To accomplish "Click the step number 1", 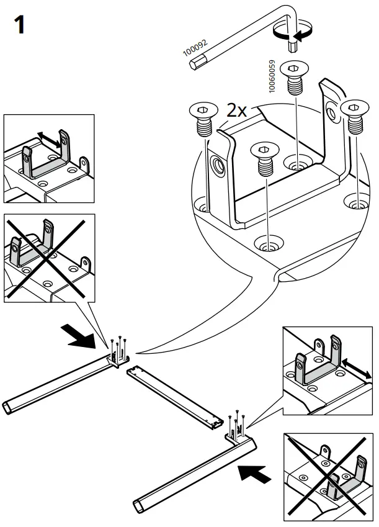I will coord(19,25).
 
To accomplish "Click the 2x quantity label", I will coord(236,110).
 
